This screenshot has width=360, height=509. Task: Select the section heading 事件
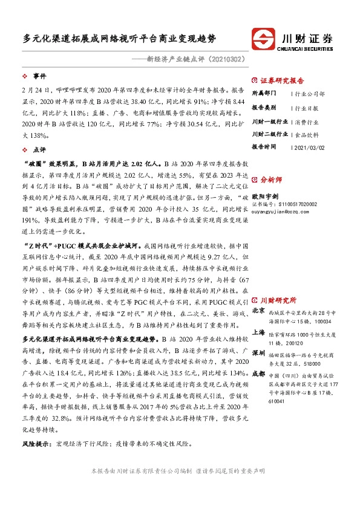(x=39, y=76)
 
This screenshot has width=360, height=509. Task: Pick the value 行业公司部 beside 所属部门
(x=309, y=94)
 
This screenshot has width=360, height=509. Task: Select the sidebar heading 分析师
(x=270, y=180)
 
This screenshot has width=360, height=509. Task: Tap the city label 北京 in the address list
(x=258, y=310)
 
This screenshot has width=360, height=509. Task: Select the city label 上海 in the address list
(x=258, y=332)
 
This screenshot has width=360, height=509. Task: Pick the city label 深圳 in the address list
(x=258, y=352)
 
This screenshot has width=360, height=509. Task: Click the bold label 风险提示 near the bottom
(x=38, y=443)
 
